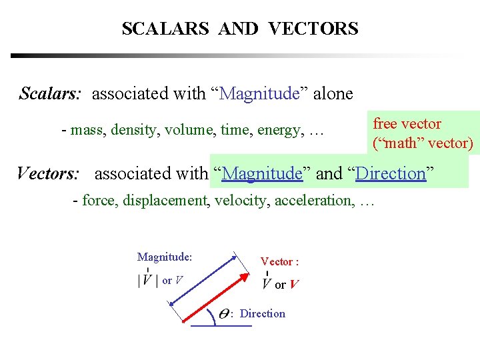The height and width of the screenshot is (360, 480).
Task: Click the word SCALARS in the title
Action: [x=165, y=29]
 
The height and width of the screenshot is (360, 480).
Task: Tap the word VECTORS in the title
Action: [x=313, y=29]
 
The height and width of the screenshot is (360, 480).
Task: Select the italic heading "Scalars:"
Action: [x=51, y=93]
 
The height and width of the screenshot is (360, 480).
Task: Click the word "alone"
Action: [x=333, y=94]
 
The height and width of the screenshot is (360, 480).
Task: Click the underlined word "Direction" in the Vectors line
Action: [x=391, y=174]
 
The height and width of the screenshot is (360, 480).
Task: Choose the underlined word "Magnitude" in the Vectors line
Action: [x=263, y=174]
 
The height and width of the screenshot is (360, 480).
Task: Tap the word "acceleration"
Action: [x=314, y=200]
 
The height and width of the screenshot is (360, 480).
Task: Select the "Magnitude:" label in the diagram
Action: [x=165, y=257]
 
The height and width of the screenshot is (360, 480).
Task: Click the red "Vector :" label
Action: [x=279, y=262]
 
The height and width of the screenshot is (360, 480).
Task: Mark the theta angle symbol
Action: [x=224, y=314]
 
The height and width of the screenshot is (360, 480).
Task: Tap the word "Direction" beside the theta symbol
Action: [x=263, y=314]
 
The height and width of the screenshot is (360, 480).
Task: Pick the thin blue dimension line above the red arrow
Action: [x=203, y=280]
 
